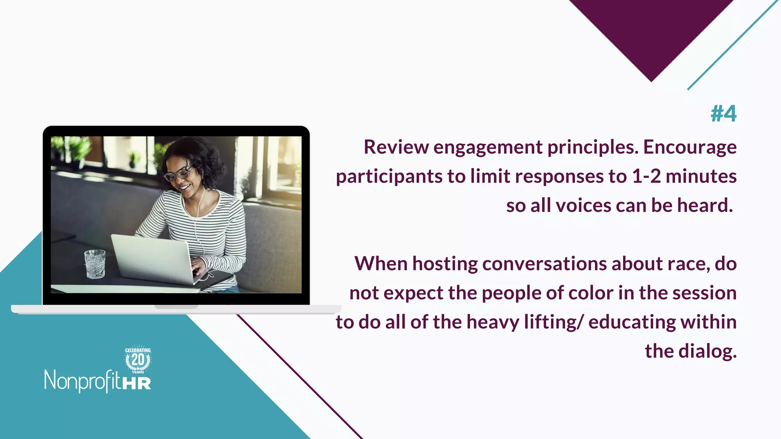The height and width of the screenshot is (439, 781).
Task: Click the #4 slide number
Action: (x=723, y=114)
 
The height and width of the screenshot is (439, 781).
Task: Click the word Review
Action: (x=396, y=147)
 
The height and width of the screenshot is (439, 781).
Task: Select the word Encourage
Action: (x=690, y=147)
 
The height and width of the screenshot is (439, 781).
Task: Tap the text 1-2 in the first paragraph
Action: (x=646, y=176)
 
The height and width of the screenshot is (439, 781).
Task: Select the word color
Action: (x=591, y=293)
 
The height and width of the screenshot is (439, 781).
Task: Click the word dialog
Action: (x=707, y=351)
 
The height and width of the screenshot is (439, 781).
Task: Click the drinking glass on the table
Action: (x=95, y=264)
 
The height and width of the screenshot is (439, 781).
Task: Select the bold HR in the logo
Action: (x=137, y=383)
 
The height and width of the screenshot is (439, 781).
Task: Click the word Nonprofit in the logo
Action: (x=82, y=380)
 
